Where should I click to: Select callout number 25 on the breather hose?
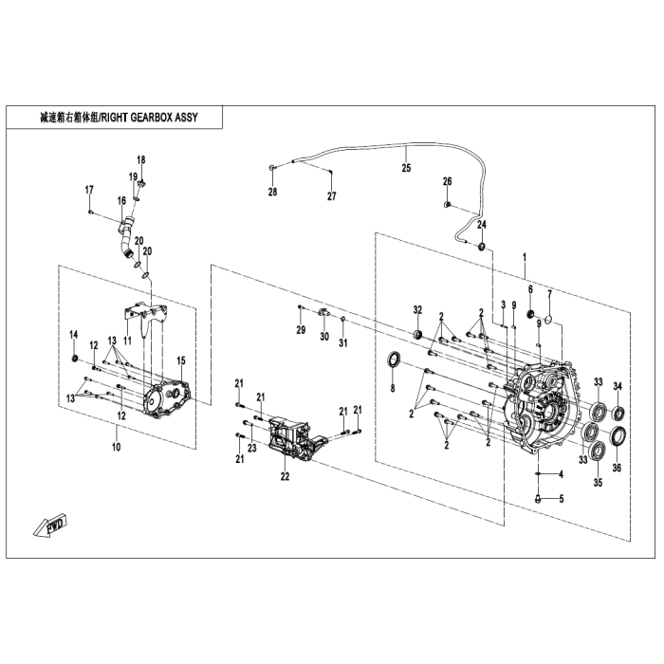[x=406, y=169]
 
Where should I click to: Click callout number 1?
[x=523, y=257]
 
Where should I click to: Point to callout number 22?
[x=284, y=477]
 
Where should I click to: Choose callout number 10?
[x=116, y=446]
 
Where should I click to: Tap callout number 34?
[x=617, y=385]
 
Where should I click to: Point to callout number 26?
[x=448, y=181]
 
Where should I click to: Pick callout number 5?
[x=561, y=499]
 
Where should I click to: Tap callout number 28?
[x=272, y=193]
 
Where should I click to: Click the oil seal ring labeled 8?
[x=393, y=360]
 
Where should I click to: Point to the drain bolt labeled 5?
[x=538, y=495]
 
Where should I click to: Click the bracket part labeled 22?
[x=294, y=439]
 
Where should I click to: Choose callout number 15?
[x=180, y=360]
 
